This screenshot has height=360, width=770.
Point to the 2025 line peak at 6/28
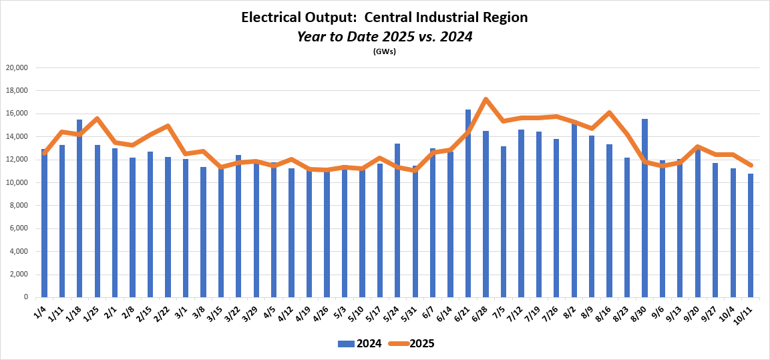[486, 100]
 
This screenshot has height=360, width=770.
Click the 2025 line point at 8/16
[609, 113]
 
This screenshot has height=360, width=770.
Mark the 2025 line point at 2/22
[168, 126]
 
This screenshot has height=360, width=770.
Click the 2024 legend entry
[360, 344]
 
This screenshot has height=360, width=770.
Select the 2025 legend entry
[413, 344]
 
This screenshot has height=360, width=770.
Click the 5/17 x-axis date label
[375, 311]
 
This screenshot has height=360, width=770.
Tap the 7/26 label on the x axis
[552, 311]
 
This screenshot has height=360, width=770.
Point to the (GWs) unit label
[385, 52]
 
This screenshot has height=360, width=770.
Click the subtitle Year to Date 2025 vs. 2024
[385, 37]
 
